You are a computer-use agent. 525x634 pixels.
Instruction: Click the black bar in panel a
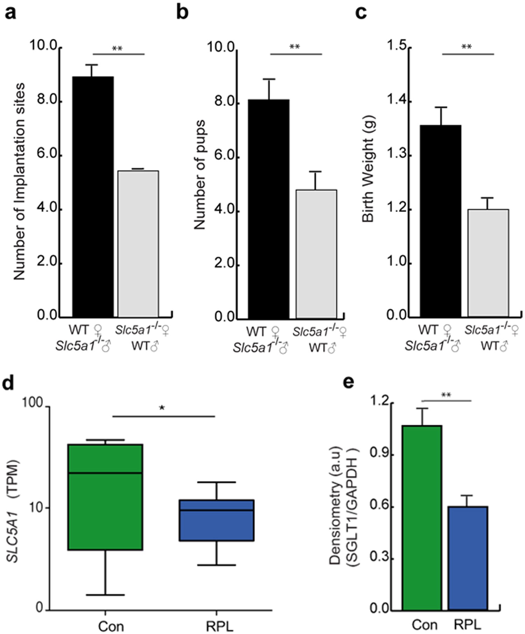point(93,196)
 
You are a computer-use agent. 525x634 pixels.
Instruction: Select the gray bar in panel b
point(316,254)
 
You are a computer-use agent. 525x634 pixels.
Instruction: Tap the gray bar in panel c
point(488,262)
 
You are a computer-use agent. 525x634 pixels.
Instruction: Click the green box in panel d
point(105,497)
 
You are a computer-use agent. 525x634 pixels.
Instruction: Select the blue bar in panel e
point(468,558)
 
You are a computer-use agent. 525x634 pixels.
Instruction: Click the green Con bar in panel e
point(422,518)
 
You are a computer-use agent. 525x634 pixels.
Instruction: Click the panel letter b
point(182,12)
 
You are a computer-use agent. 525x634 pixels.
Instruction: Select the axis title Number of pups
point(200,175)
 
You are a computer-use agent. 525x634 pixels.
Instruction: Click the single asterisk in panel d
point(162,408)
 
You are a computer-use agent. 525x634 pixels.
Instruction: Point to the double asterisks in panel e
point(446,395)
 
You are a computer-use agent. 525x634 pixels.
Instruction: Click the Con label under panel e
point(425,624)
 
